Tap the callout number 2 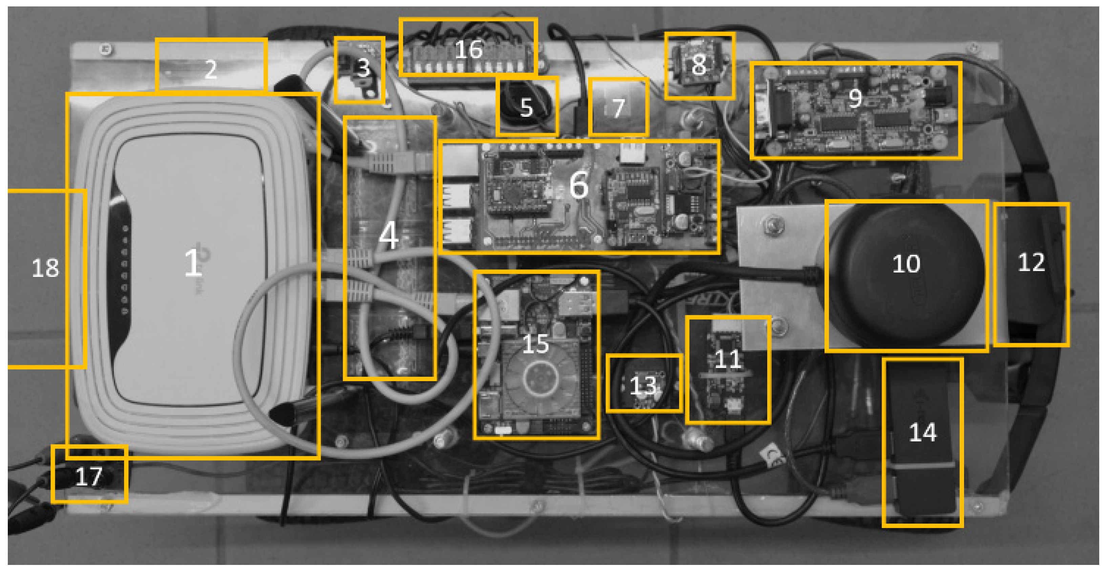coord(211,69)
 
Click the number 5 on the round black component coord(527,107)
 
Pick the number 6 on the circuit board coord(579,185)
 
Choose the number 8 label coord(699,65)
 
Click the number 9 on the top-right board coord(855,98)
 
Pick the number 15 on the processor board coord(536,344)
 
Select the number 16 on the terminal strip coord(468,49)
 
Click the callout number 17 coord(89,476)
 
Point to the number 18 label coord(45,268)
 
